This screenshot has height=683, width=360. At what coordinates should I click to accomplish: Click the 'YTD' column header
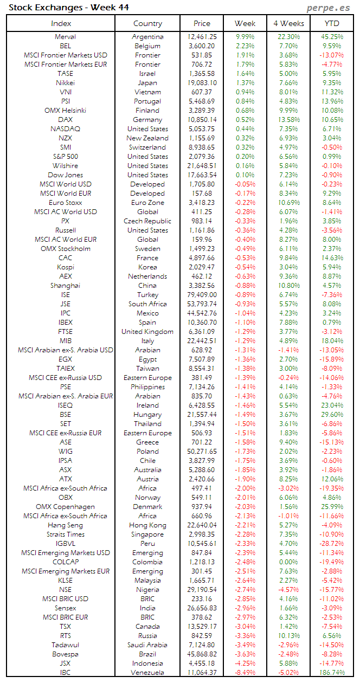[332, 23]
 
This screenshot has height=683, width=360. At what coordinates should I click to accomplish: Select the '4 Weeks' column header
[288, 23]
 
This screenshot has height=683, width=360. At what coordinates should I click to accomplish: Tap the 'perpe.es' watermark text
[328, 8]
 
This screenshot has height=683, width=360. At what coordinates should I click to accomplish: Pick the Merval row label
[65, 37]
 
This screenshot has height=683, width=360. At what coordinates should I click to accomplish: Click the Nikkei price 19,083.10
[202, 83]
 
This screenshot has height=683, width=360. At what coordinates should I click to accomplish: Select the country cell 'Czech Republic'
[147, 221]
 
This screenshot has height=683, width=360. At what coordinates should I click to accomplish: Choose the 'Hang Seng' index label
[65, 525]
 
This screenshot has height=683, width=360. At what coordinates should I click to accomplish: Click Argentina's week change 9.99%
[245, 37]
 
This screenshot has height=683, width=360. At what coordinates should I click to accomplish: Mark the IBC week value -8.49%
[245, 673]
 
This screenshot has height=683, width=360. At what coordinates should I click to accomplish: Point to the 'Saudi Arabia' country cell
[147, 645]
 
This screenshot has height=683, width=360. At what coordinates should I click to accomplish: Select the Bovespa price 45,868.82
[202, 654]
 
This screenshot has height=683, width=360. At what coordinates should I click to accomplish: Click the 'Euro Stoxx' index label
[65, 203]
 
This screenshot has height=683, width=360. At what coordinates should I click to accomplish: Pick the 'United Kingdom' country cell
[147, 332]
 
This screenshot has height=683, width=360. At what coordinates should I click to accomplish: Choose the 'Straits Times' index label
[65, 534]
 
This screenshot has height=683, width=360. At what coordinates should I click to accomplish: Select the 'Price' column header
[202, 23]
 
